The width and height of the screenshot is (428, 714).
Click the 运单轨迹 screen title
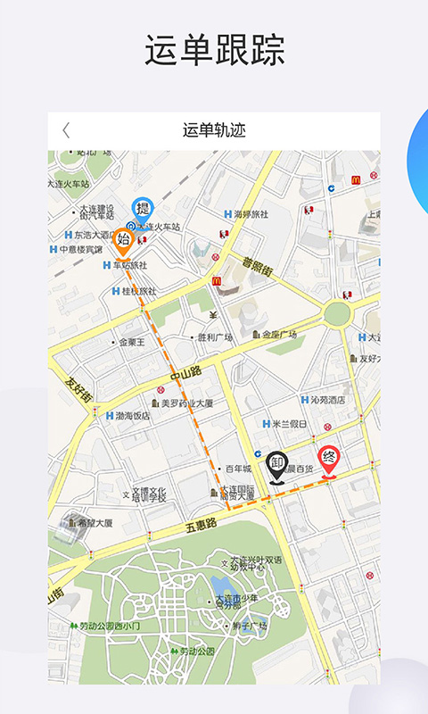pyautogui.click(x=214, y=130)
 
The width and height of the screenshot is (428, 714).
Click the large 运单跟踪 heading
pyautogui.click(x=214, y=51)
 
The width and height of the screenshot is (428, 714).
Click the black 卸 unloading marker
pyautogui.click(x=277, y=465)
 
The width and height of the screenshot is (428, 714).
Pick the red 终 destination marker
pyautogui.click(x=329, y=461)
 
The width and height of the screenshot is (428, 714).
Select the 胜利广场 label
pyautogui.click(x=214, y=337)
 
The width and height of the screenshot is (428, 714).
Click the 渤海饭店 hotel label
pyautogui.click(x=128, y=416)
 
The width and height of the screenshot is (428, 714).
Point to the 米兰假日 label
pyautogui.click(x=289, y=424)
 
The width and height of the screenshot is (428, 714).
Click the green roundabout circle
pyautogui.click(x=337, y=313)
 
